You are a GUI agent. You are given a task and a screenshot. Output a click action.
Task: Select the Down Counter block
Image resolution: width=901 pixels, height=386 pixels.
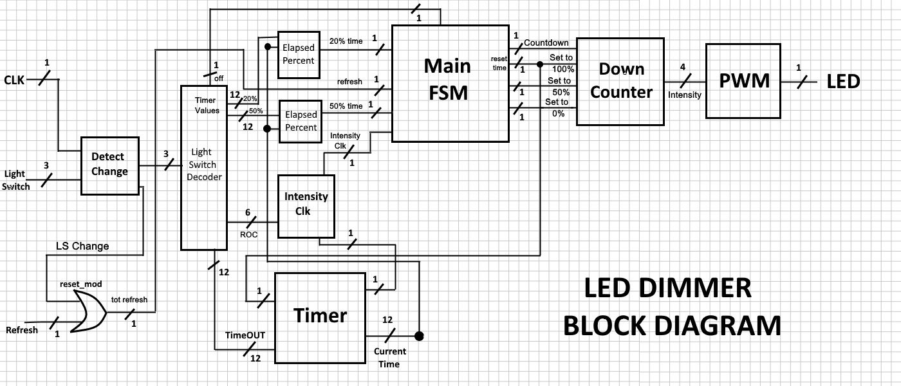(x=620, y=81)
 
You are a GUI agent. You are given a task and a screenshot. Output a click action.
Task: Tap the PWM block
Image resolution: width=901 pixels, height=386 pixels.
(x=743, y=81)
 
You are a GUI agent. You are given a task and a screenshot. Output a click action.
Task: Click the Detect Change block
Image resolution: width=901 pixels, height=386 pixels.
(x=109, y=165)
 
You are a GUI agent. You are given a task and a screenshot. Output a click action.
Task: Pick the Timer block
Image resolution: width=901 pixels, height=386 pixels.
(x=320, y=317)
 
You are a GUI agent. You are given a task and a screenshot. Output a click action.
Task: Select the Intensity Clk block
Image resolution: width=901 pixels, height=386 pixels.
(x=306, y=204)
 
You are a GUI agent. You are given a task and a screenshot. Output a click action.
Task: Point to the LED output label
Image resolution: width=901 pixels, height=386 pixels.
(x=842, y=82)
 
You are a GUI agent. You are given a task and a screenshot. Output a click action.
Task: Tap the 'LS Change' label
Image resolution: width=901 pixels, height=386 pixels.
(x=82, y=246)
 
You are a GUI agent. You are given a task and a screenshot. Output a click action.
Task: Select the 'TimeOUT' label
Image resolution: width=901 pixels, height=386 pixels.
(x=245, y=335)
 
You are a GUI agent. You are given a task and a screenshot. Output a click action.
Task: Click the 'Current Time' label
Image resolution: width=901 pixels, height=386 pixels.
(x=390, y=358)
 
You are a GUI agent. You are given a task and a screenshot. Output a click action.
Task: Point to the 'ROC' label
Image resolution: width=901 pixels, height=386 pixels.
(x=248, y=234)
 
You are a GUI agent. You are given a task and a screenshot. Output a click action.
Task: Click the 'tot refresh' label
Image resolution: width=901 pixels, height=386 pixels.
(x=129, y=299)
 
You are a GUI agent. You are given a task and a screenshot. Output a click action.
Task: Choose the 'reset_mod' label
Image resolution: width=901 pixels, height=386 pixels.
(x=80, y=284)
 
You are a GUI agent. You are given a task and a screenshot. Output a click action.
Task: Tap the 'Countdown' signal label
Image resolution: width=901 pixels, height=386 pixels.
(x=546, y=43)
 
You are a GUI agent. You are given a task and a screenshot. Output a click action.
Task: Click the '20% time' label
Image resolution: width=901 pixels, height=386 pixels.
(x=346, y=41)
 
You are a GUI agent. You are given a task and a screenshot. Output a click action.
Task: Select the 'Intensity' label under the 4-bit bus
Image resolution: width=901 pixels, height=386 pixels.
(x=685, y=95)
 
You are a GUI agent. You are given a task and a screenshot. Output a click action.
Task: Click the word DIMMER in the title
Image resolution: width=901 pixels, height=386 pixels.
(x=667, y=288)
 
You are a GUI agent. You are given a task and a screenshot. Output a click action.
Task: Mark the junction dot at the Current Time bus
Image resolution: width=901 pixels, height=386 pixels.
(x=419, y=336)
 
